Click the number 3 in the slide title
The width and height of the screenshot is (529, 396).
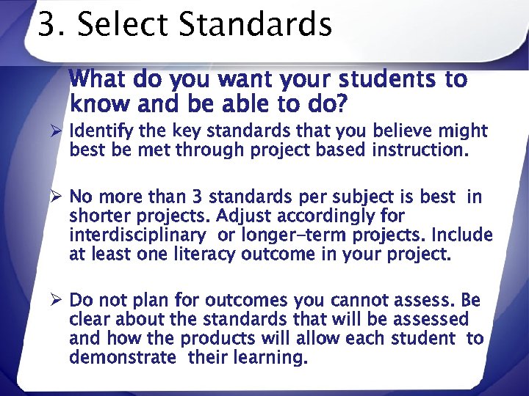[46, 25]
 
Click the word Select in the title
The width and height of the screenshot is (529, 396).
[120, 25]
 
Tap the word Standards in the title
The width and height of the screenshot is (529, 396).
[254, 25]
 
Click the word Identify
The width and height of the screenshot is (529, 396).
[98, 132]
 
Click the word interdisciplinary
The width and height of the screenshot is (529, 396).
[137, 236]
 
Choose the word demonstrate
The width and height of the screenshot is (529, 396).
[123, 358]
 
